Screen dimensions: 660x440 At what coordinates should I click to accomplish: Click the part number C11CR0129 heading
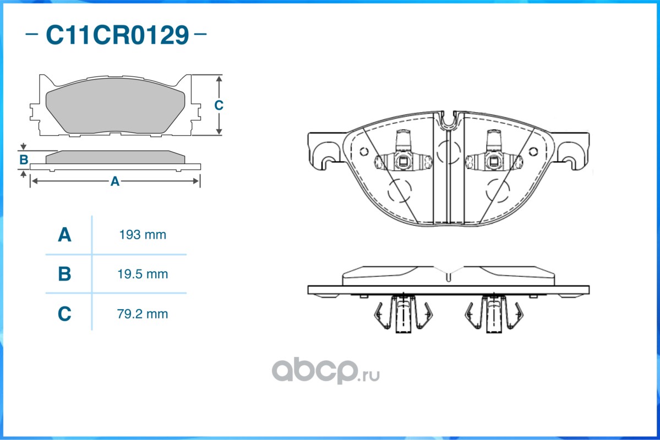point(117,35)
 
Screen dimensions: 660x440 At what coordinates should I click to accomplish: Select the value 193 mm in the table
point(143,235)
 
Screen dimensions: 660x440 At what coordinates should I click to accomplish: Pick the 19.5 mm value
point(143,274)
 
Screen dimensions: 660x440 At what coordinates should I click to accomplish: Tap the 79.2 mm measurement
point(143,314)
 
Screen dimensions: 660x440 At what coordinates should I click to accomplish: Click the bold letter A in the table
point(64,235)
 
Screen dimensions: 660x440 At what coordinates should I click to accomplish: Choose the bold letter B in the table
point(64,274)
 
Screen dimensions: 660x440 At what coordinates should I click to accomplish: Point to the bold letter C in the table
point(64,314)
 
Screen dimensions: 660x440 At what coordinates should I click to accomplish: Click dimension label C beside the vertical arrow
point(219,105)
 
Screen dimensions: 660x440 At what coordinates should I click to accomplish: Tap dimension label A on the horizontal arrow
point(115,182)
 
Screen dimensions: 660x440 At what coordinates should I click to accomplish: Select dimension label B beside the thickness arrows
point(24,160)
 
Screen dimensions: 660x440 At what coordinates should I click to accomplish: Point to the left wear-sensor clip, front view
point(403,151)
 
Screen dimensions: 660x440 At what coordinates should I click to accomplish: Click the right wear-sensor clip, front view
point(494,151)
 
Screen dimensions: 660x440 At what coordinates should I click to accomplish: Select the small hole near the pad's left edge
point(364,151)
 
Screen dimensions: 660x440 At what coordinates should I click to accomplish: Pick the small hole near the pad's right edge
point(533,151)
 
